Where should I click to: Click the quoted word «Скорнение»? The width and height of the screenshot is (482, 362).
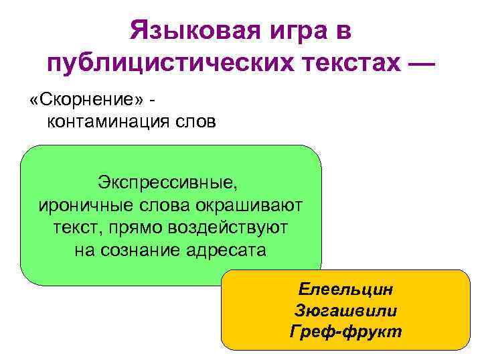[86, 99]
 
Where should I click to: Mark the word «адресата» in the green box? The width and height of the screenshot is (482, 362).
[228, 251]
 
